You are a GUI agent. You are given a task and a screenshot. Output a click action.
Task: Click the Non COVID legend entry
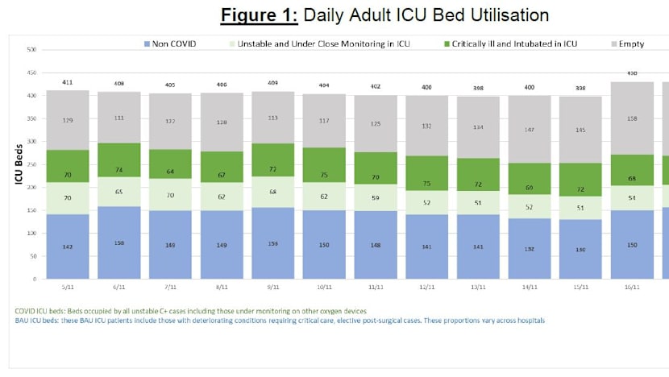tap(176, 43)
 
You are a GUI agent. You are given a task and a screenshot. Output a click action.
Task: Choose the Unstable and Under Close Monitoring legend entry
tap(320, 43)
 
